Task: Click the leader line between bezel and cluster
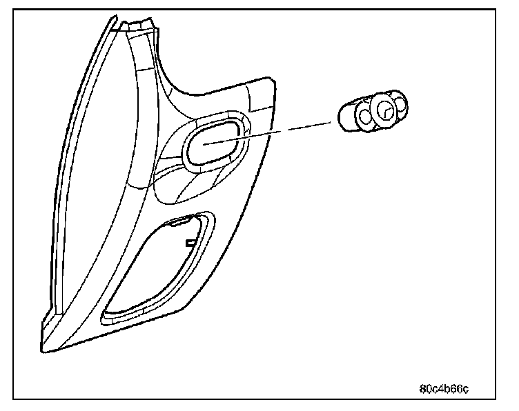pos(276,130)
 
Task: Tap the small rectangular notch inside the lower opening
pos(189,243)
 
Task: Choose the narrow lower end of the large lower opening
pos(110,314)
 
